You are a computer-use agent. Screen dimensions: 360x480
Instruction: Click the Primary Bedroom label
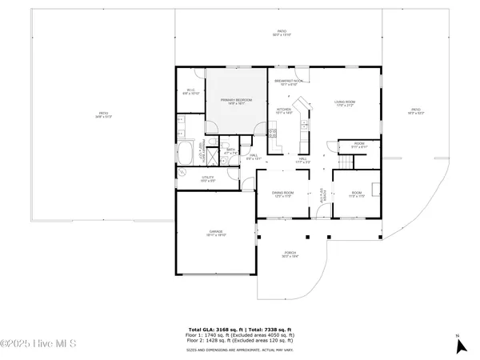[236, 101]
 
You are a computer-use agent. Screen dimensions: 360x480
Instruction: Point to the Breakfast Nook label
[288, 82]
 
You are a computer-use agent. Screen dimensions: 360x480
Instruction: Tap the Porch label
[290, 255]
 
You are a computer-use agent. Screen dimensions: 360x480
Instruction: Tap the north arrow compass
[459, 345]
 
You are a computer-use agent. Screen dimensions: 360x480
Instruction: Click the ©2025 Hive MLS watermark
[38, 345]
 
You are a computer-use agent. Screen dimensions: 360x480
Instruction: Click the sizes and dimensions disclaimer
[240, 350]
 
